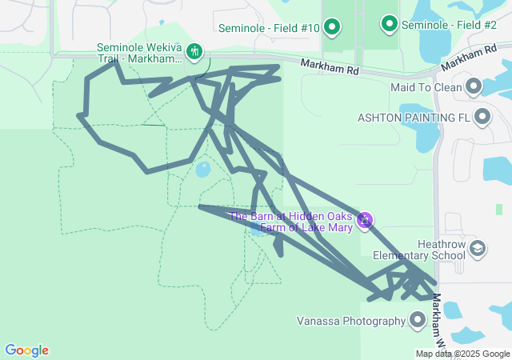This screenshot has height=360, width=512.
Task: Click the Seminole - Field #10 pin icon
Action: point(332,28)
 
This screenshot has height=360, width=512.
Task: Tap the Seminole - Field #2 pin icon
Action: point(390,25)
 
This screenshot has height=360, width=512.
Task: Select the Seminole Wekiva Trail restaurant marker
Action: point(194,53)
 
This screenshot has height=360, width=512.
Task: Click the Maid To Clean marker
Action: point(474,86)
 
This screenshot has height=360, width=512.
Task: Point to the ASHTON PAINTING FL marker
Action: point(482,118)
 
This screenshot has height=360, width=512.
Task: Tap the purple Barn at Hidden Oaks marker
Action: point(365,219)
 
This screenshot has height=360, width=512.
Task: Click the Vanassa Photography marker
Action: point(417,321)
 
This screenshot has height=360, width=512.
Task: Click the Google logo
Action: point(26,350)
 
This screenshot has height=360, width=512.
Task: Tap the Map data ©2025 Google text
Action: point(462,354)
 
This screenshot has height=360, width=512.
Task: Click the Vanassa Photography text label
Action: point(350,322)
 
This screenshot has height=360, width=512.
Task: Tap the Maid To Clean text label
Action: point(426,87)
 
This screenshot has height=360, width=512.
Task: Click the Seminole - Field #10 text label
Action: point(270,29)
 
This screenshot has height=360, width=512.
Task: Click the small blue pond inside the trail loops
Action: point(202,169)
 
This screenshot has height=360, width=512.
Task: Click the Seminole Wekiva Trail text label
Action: point(139,54)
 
